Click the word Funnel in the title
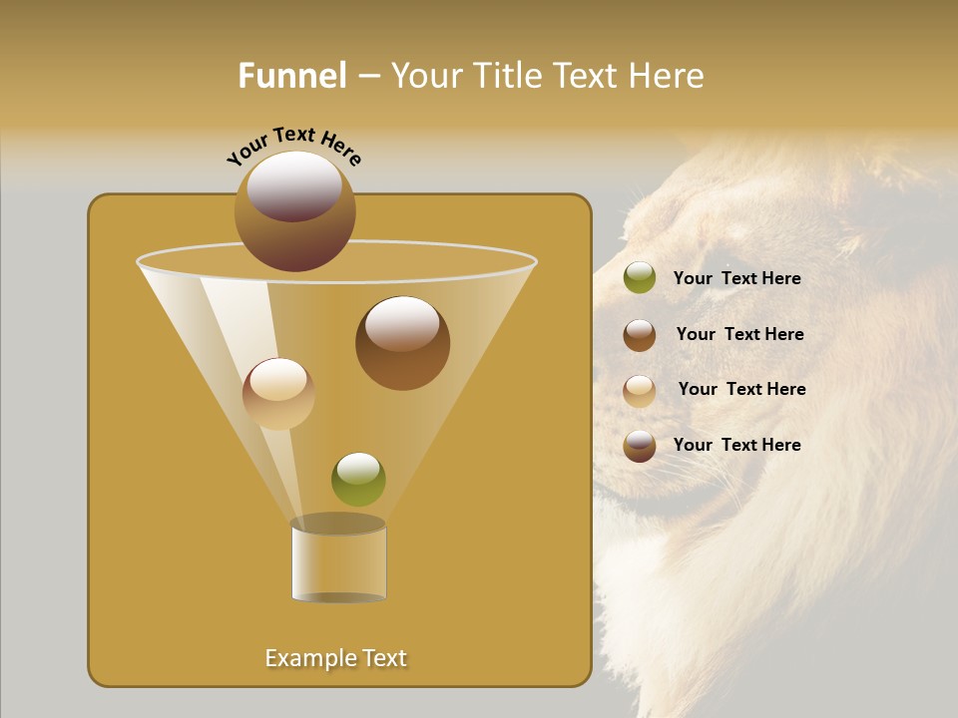291,76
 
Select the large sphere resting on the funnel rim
294,211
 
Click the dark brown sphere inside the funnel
402,343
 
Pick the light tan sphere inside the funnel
278,394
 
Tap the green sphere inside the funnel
358,480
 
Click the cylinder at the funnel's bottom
338,561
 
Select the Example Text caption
336,658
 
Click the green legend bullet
640,278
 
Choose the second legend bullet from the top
640,335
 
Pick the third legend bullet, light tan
640,390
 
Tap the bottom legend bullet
640,446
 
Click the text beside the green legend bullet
736,278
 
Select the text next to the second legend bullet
739,334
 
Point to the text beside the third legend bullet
741,389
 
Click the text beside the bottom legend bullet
736,445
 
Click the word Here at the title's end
670,76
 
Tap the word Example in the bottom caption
305,658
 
